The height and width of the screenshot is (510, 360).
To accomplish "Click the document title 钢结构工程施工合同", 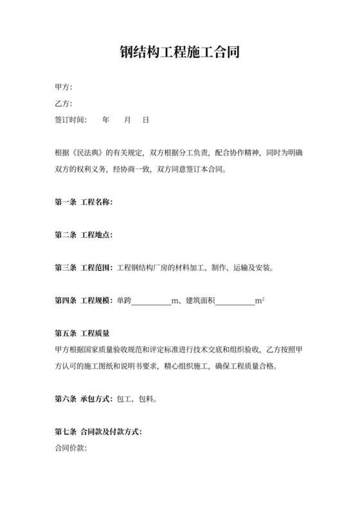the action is [x=180, y=52].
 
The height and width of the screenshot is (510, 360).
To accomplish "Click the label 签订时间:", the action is [x=71, y=120].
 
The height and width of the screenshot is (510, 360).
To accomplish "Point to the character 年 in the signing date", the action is [x=106, y=120].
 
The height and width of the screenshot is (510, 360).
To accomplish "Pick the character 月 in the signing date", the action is [x=127, y=120].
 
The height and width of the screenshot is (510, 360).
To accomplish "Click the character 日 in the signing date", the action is [x=146, y=120].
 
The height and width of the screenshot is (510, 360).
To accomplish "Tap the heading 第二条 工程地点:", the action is [x=84, y=235].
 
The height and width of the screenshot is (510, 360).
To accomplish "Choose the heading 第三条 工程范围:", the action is [x=84, y=268].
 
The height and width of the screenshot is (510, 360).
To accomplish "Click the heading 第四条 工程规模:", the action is [x=84, y=300].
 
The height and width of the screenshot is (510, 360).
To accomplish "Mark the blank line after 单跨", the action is [x=151, y=302].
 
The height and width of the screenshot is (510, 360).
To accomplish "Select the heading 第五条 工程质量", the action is [x=82, y=333].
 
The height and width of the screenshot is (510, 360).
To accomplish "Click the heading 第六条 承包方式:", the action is [x=84, y=399].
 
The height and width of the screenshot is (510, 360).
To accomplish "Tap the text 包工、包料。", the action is [x=137, y=399].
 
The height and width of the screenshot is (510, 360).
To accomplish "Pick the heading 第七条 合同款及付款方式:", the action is [x=98, y=431].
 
